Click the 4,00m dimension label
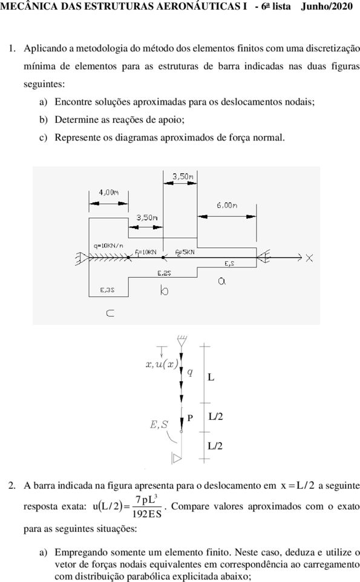click(108, 192)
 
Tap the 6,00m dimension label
click(227, 205)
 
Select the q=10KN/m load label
click(108, 246)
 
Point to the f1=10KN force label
click(145, 252)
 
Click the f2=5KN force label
click(185, 252)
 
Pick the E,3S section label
click(107, 290)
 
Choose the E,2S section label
click(164, 273)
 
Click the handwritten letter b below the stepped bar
click(164, 290)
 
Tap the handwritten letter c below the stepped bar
click(110, 313)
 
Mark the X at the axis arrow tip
click(309, 258)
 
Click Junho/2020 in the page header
click(327, 6)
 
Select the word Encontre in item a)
click(74, 102)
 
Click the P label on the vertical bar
click(190, 418)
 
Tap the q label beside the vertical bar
click(189, 372)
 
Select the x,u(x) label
click(162, 364)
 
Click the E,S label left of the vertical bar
click(159, 425)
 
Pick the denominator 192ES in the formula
click(147, 514)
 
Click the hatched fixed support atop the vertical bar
click(182, 341)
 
